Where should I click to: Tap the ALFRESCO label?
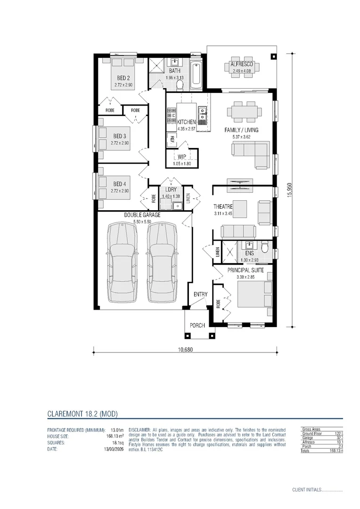coord(242,64)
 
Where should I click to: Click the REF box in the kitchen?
coord(172,139)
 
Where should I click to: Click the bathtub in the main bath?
coord(197,74)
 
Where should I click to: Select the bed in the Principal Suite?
coord(254,295)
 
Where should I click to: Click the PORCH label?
coord(197,326)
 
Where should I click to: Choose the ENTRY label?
coord(200,295)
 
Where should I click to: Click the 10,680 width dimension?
coord(185,350)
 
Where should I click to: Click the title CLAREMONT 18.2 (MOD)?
coord(82,414)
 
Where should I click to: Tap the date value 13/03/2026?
coord(114,449)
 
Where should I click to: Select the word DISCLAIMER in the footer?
coord(139,430)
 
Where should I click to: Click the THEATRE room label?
coord(223,206)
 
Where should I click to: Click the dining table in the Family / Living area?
coord(244,112)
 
